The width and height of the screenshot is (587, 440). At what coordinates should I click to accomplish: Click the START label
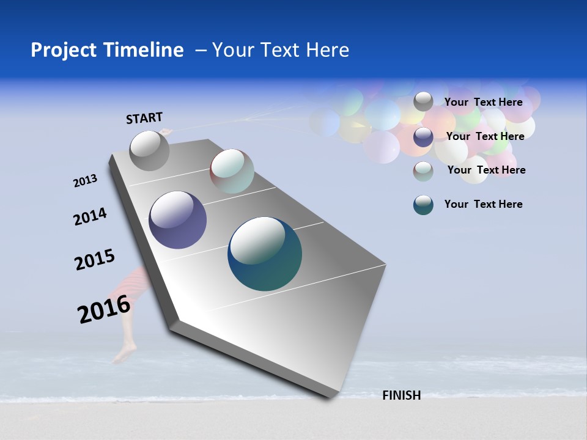[144, 118]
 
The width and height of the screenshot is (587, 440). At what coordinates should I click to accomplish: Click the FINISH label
[401, 395]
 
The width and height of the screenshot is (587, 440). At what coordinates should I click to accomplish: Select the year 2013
[85, 181]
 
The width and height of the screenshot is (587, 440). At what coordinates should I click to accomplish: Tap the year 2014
[90, 217]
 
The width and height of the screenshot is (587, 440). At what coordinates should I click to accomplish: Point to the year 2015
[94, 260]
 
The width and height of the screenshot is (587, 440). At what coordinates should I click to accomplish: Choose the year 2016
[104, 309]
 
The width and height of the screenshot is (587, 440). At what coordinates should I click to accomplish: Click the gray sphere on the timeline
[150, 150]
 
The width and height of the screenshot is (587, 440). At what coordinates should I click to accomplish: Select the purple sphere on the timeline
[177, 220]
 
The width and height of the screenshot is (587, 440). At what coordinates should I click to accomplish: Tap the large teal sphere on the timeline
[265, 254]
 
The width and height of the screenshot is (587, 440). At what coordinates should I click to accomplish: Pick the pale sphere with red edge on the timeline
[232, 171]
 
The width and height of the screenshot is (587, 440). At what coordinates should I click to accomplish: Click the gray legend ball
[423, 101]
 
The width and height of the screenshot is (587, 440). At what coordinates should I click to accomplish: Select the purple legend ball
[423, 137]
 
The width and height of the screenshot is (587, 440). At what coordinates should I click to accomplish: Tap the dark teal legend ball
[423, 205]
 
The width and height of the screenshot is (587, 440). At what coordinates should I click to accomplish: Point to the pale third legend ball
[423, 171]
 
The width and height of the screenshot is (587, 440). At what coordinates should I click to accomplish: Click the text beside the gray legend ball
[483, 102]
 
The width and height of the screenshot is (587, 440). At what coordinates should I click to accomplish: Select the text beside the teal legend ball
[483, 204]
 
